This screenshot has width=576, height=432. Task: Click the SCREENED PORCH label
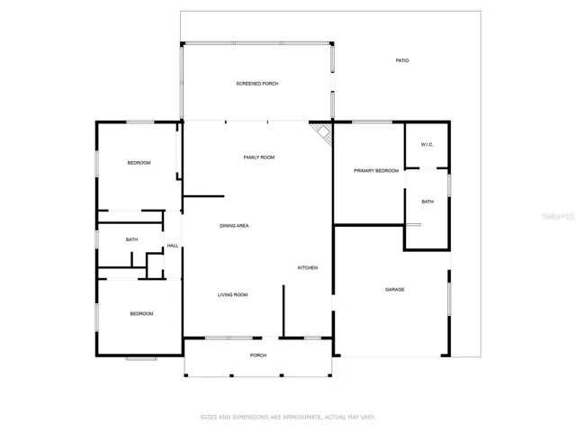click(x=257, y=84)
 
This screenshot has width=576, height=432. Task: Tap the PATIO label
click(x=402, y=60)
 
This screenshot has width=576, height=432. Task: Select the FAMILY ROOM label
click(x=259, y=157)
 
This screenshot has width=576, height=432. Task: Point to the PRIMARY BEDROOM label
click(x=376, y=171)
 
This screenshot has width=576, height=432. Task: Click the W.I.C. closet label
click(x=427, y=145)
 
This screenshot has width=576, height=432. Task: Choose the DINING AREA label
click(x=234, y=226)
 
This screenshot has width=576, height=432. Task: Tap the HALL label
click(x=173, y=246)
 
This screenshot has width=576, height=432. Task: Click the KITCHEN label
click(x=308, y=268)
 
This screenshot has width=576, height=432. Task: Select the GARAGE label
click(x=395, y=290)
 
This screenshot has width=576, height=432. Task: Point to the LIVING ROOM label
click(x=232, y=294)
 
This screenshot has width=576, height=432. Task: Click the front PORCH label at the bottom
click(x=258, y=355)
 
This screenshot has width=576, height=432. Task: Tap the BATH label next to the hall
click(x=132, y=239)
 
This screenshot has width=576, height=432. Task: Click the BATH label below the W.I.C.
click(x=427, y=202)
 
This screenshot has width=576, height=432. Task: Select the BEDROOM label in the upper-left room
click(x=139, y=163)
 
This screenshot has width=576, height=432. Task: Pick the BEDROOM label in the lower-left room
click(x=141, y=314)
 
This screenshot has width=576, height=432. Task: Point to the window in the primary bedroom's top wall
click(x=372, y=121)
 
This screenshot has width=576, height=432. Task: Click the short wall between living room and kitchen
click(x=283, y=310)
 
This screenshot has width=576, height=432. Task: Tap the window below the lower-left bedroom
click(x=141, y=358)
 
